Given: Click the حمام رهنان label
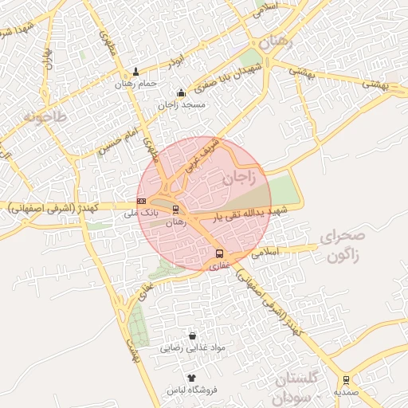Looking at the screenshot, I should [135, 84].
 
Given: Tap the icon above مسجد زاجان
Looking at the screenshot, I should [181, 93].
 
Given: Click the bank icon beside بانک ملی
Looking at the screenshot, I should [141, 201].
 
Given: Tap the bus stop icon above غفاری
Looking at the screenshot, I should [219, 253].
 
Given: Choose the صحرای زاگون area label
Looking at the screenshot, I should [342, 246].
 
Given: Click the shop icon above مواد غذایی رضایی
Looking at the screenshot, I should [192, 336].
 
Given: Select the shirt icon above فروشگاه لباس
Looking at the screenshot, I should [191, 378].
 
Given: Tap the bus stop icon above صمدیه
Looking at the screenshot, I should [346, 379].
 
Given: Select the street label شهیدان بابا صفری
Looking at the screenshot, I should [210, 78].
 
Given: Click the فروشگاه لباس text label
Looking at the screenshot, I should [192, 390].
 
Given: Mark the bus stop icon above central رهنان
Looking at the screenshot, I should [176, 210].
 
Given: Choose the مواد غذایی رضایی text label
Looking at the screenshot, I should [194, 348].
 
